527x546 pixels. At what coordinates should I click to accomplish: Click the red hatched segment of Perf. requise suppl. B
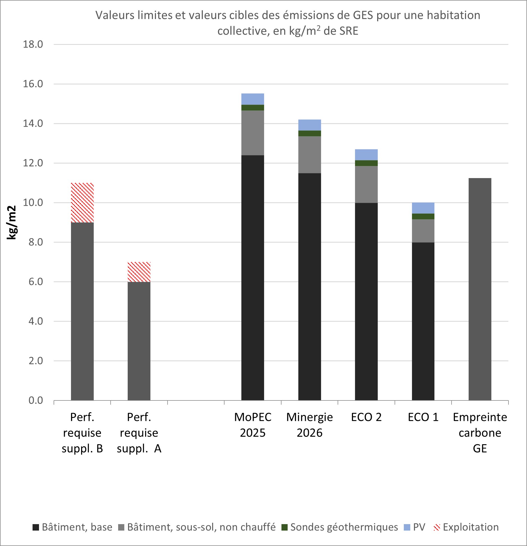pyautogui.click(x=82, y=202)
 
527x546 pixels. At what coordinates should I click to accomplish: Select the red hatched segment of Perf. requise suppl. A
pyautogui.click(x=139, y=272)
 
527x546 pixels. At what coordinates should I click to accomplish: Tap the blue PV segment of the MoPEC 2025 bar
pyautogui.click(x=253, y=99)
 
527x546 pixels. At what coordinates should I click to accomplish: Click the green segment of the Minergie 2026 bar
pyautogui.click(x=310, y=133)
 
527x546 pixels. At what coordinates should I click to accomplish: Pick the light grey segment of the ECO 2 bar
pyautogui.click(x=366, y=184)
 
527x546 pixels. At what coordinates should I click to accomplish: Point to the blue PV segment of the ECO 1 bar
pyautogui.click(x=423, y=208)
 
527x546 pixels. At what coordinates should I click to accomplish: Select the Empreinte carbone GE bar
pyautogui.click(x=480, y=289)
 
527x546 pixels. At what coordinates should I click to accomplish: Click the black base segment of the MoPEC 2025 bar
pyautogui.click(x=253, y=278)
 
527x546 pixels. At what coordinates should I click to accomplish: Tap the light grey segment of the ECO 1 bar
pyautogui.click(x=423, y=231)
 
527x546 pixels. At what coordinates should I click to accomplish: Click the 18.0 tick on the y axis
pyautogui.click(x=33, y=44)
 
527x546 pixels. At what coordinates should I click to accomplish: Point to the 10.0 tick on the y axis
pyautogui.click(x=33, y=202)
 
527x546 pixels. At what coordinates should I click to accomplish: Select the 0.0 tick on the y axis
pyautogui.click(x=36, y=400)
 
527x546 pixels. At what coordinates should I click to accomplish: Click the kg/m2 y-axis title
pyautogui.click(x=12, y=222)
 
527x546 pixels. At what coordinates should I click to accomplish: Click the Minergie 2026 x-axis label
pyautogui.click(x=310, y=425)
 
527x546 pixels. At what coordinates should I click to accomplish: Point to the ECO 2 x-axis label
pyautogui.click(x=366, y=417)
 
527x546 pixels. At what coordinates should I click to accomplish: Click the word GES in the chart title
pyautogui.click(x=363, y=15)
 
